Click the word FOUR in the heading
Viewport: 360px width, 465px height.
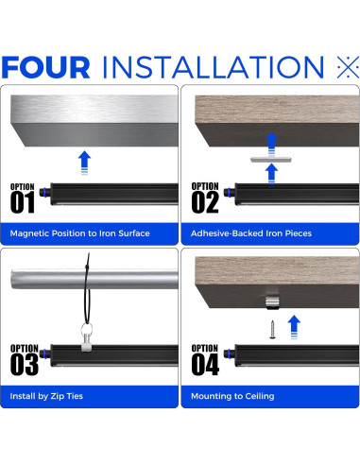click(x=46, y=67)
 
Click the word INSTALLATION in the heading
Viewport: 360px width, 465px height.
click(x=214, y=67)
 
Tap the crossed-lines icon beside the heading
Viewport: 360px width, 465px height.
click(x=348, y=67)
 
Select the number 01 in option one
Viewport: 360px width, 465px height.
click(x=23, y=202)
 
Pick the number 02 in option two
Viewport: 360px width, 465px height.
click(x=205, y=202)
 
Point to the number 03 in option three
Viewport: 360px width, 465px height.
click(x=25, y=364)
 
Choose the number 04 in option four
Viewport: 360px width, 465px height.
click(x=205, y=364)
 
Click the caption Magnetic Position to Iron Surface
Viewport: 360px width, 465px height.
click(x=79, y=233)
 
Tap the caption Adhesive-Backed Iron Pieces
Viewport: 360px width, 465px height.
click(x=251, y=233)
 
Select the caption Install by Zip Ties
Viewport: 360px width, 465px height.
click(x=46, y=396)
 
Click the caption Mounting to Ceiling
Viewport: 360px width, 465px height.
click(x=232, y=396)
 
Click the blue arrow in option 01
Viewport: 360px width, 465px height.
click(x=84, y=163)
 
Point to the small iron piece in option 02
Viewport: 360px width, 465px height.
click(x=271, y=160)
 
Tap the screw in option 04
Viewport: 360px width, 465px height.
click(x=272, y=330)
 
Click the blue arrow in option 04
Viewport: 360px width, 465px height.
click(x=294, y=327)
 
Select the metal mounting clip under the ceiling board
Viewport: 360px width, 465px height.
click(x=272, y=302)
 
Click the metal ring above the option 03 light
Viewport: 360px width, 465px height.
click(x=87, y=330)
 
